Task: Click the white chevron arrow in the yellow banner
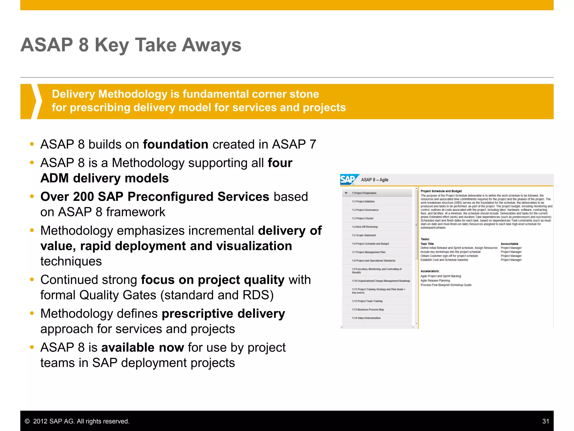pyautogui.click(x=35, y=101)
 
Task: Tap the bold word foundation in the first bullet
pyautogui.click(x=175, y=145)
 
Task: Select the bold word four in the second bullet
pyautogui.click(x=280, y=163)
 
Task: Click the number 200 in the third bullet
pyautogui.click(x=83, y=197)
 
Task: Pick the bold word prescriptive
pyautogui.click(x=198, y=314)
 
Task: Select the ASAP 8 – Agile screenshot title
pyautogui.click(x=374, y=180)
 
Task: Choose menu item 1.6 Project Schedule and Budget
pyautogui.click(x=370, y=244)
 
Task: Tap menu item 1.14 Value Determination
pyautogui.click(x=366, y=318)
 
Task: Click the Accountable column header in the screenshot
pyautogui.click(x=509, y=244)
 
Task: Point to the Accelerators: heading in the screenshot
pyautogui.click(x=430, y=271)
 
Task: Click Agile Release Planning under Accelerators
pyautogui.click(x=435, y=281)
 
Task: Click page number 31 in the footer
pyautogui.click(x=545, y=421)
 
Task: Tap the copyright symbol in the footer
pyautogui.click(x=27, y=421)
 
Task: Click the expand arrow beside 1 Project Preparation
pyautogui.click(x=346, y=193)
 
